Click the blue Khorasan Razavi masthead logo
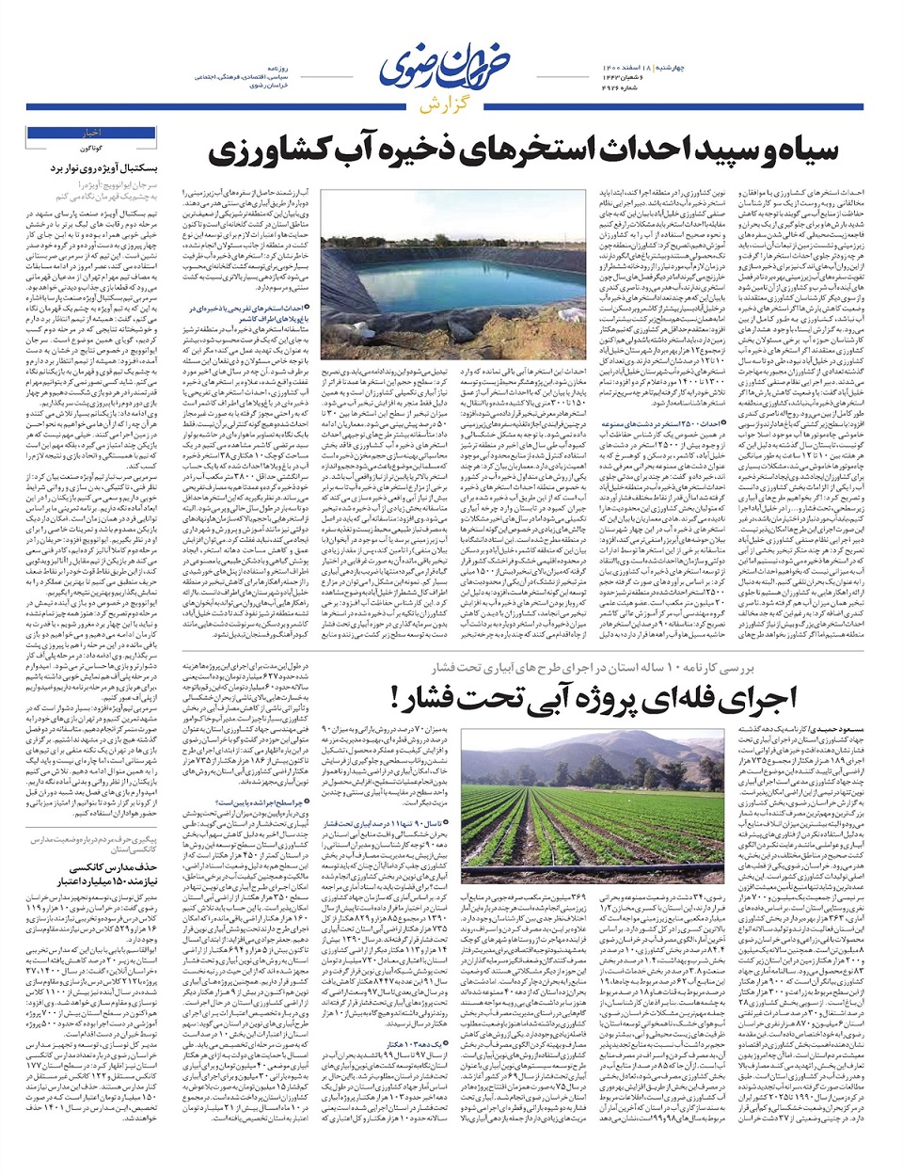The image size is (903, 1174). (x=451, y=68)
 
